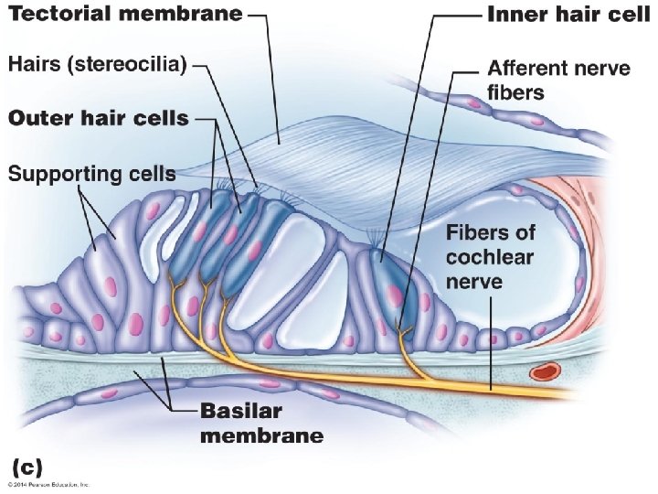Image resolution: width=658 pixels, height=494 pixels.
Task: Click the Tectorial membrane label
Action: pos(125,14)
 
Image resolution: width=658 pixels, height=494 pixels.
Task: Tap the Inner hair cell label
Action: pos(568,16)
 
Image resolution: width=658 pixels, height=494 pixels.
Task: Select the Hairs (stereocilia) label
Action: pos(98,65)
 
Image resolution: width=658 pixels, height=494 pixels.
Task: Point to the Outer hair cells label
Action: pos(98,118)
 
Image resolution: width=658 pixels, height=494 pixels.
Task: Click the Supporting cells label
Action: pos(91,173)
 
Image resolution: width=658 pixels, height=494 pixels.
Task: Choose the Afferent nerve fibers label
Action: pos(558,80)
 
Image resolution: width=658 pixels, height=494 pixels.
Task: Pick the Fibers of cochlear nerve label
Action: pos(490,255)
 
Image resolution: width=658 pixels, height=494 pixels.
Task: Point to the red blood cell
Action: pos(547,371)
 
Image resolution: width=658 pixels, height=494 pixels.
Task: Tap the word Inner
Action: pos(516,16)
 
